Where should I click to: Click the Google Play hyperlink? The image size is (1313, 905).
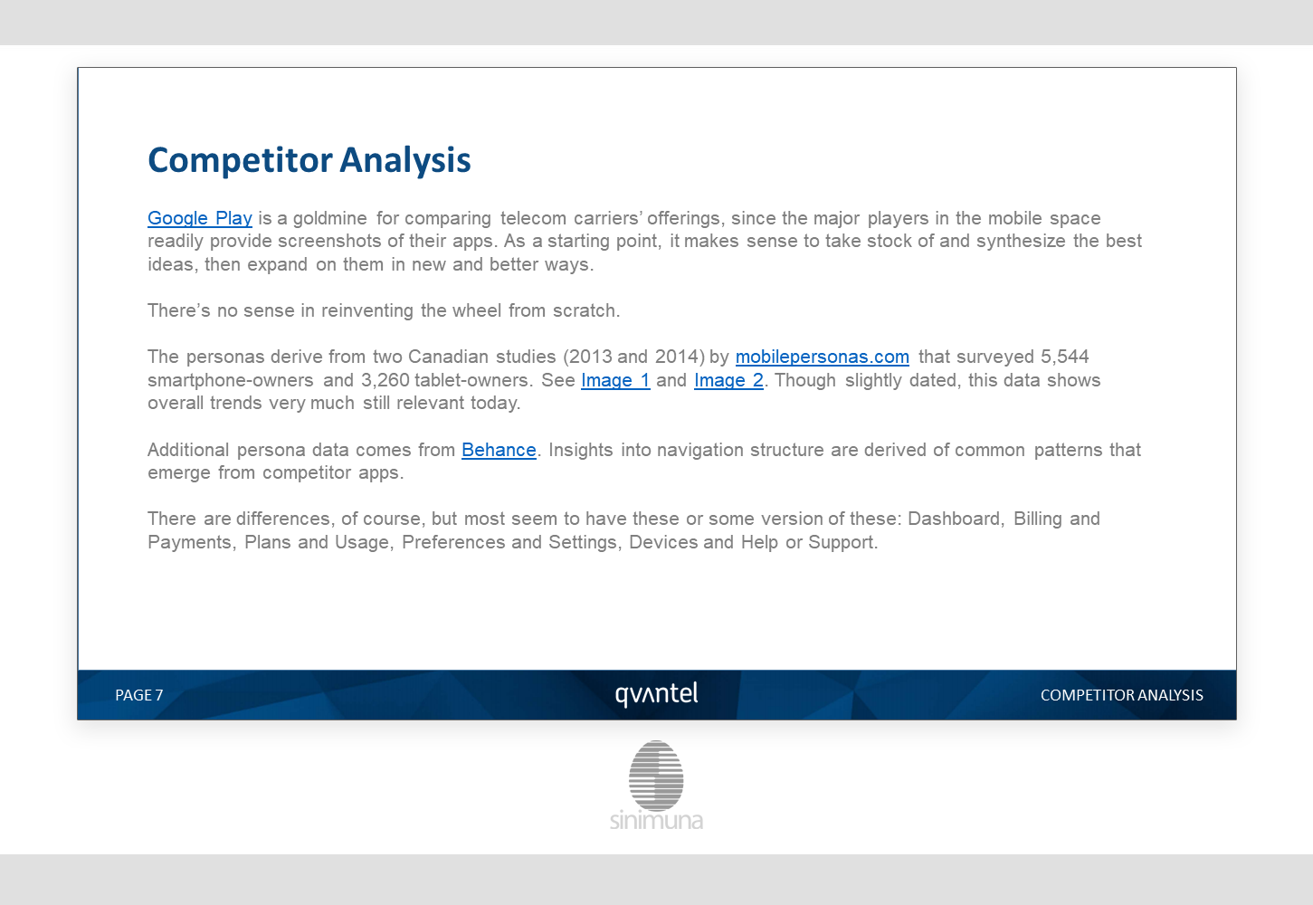200,218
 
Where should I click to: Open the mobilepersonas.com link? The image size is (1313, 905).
823,357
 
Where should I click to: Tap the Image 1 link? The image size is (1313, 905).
615,380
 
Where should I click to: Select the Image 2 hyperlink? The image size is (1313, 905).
728,380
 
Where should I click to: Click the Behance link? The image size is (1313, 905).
499,450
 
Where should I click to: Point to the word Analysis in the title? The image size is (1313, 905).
405,160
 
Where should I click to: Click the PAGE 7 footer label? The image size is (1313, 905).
139,695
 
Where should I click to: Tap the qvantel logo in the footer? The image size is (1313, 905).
657,694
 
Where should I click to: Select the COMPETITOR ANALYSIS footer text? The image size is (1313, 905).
1121,695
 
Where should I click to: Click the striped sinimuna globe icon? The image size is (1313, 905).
656,776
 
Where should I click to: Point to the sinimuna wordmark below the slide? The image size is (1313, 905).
656,820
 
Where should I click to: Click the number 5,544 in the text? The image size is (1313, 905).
1064,357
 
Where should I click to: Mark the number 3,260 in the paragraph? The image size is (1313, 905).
385,380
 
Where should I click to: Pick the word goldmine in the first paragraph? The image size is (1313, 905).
330,218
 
